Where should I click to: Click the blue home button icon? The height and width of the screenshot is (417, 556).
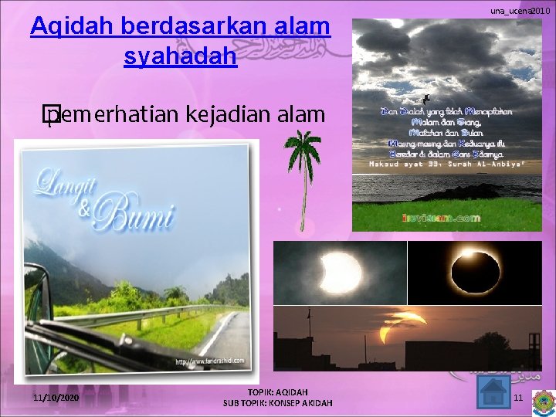[492, 394]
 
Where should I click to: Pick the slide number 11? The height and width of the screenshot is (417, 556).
[518, 398]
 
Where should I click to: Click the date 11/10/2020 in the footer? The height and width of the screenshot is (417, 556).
[56, 397]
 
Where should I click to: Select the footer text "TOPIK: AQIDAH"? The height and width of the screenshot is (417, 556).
[277, 392]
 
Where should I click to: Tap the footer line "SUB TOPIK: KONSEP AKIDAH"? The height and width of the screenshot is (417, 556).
[277, 403]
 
